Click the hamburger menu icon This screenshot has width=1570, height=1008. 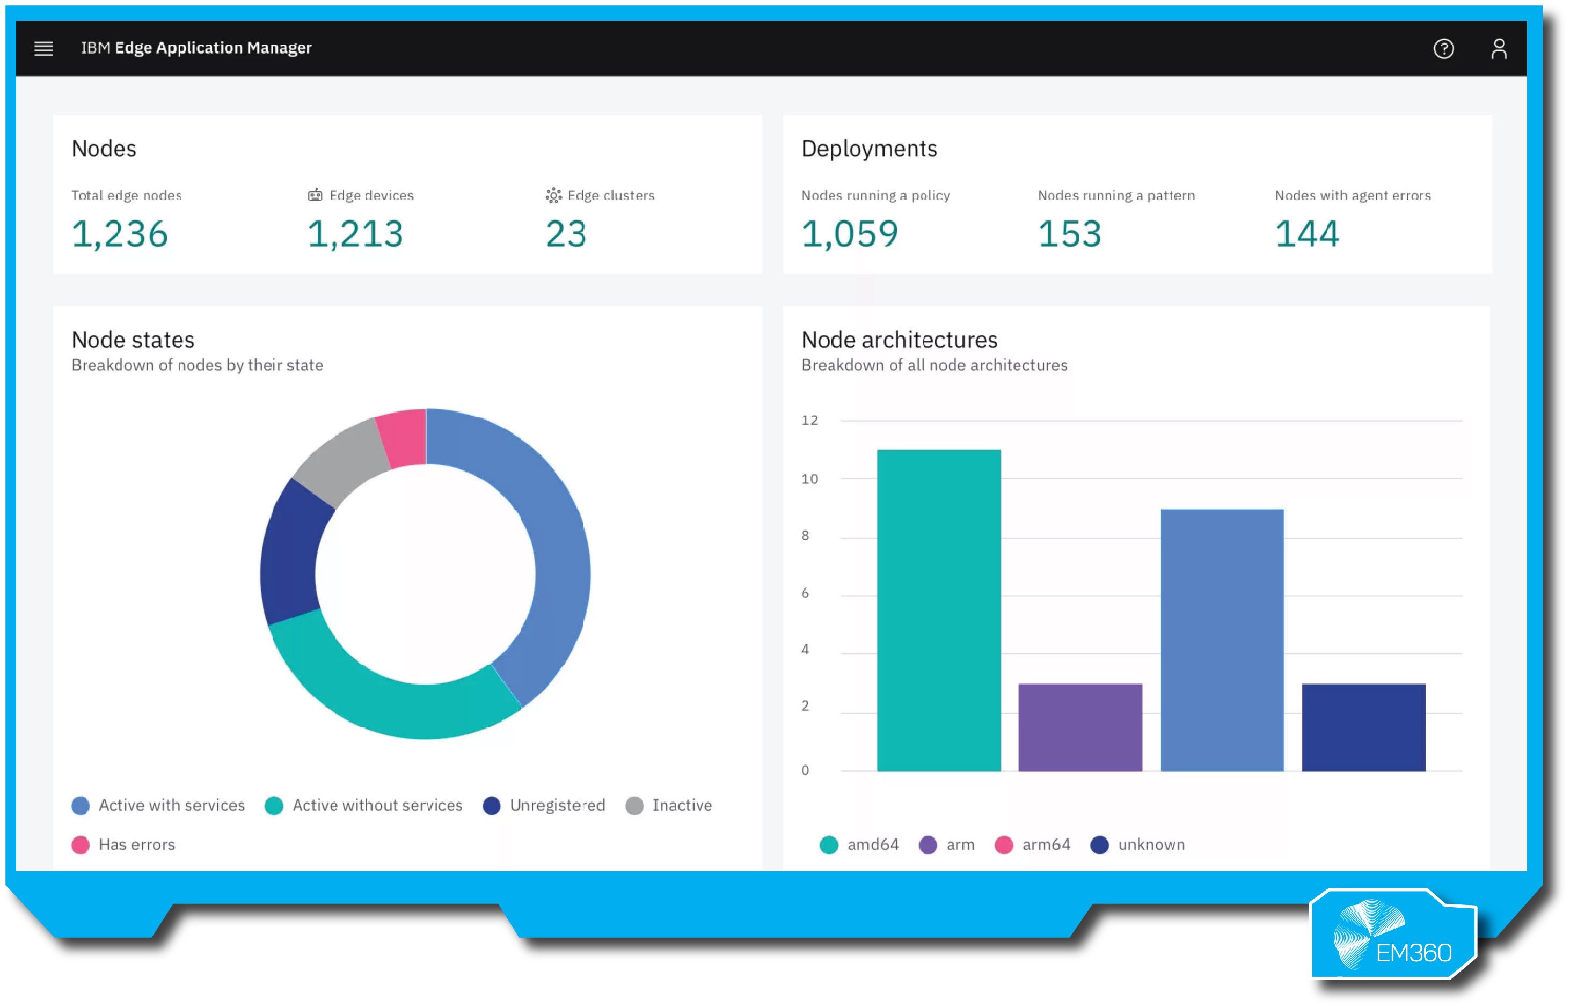pyautogui.click(x=43, y=48)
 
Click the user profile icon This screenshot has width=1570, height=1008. pyautogui.click(x=1499, y=48)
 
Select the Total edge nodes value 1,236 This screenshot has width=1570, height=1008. pyautogui.click(x=120, y=234)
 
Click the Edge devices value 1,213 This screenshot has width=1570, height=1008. pyautogui.click(x=355, y=234)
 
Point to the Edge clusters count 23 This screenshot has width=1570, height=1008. pyautogui.click(x=566, y=234)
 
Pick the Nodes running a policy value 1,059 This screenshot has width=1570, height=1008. pyautogui.click(x=849, y=234)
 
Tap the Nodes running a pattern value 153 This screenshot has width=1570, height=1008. pyautogui.click(x=1069, y=234)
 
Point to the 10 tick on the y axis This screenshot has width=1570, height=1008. pyautogui.click(x=809, y=479)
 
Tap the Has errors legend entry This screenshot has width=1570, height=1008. pyautogui.click(x=124, y=844)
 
